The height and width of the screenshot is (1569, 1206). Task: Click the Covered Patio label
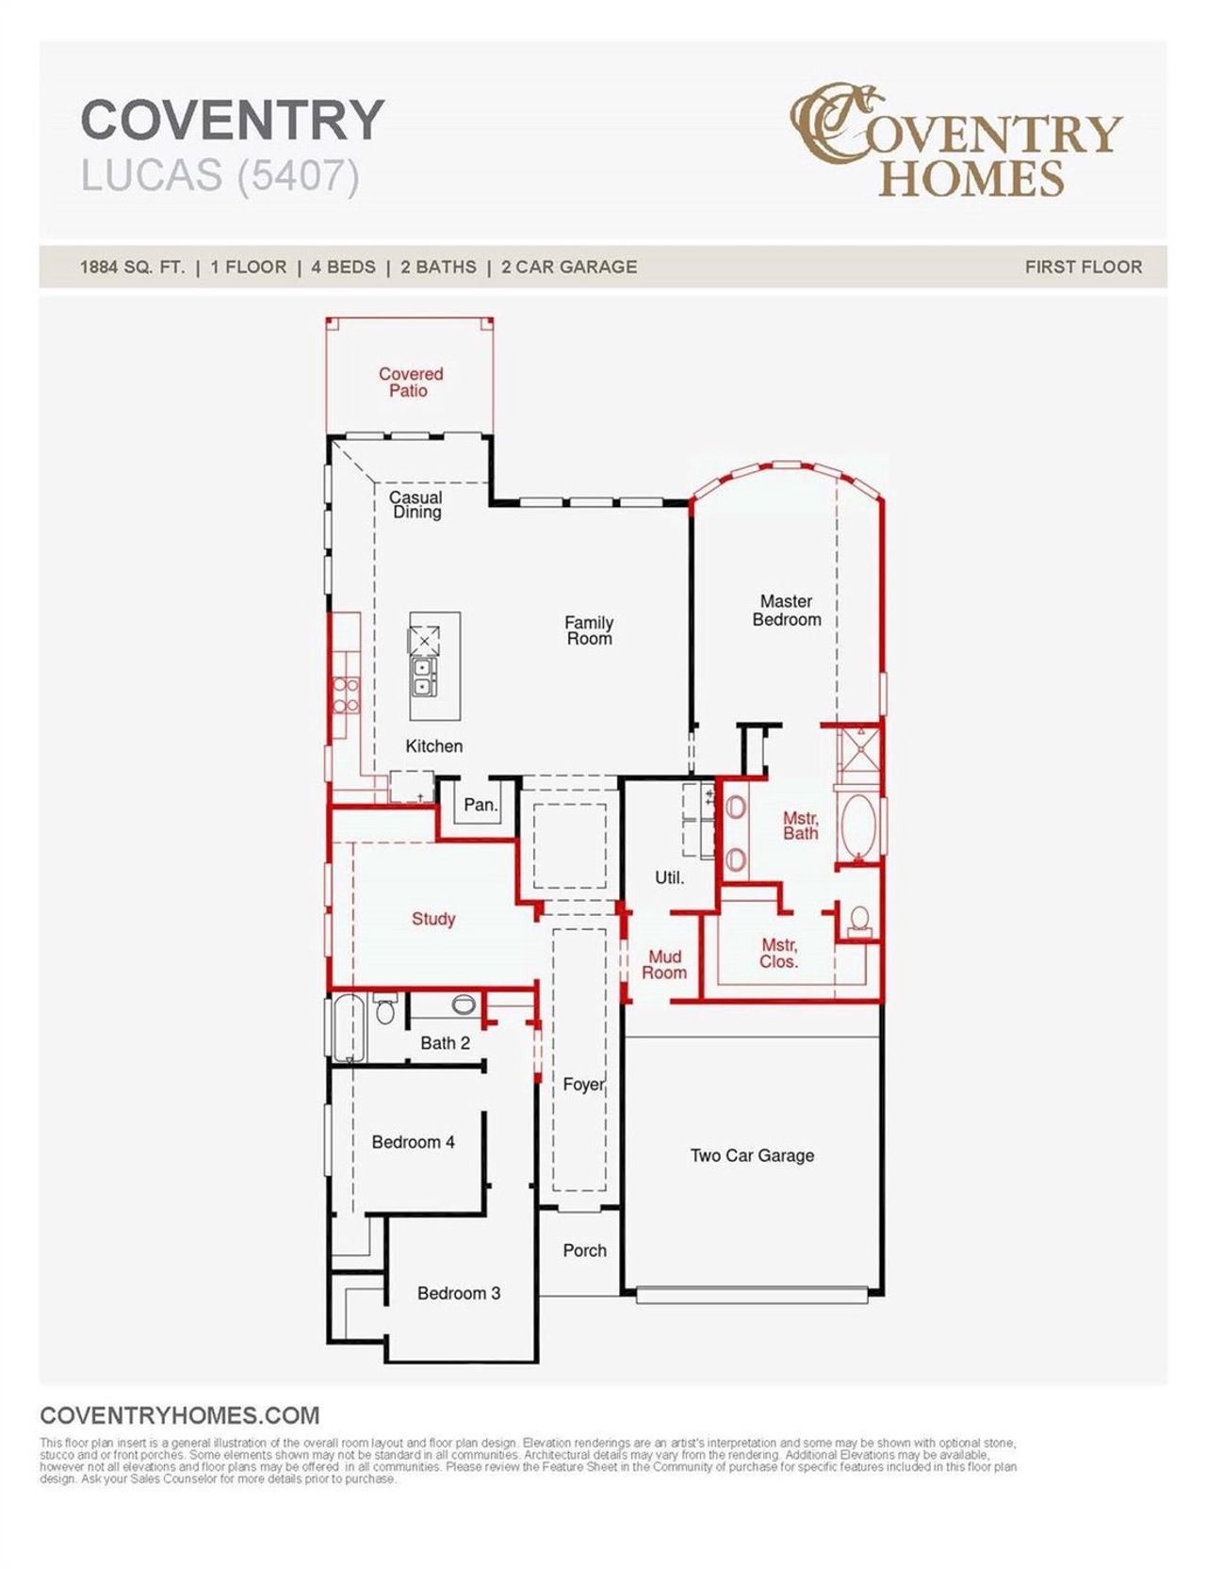click(x=410, y=382)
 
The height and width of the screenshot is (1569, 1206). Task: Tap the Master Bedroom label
click(x=786, y=610)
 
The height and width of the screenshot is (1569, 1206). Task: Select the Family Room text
click(x=589, y=629)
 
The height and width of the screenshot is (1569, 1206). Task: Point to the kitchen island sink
click(x=423, y=677)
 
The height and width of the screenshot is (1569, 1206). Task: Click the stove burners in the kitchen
click(x=345, y=695)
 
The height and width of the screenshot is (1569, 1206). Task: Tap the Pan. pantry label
click(x=481, y=805)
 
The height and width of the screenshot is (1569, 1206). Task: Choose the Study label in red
click(x=433, y=919)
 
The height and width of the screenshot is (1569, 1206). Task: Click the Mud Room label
click(x=664, y=964)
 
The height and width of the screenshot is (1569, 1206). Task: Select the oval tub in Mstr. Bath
click(x=857, y=826)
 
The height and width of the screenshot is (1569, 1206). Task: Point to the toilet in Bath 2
click(x=384, y=1011)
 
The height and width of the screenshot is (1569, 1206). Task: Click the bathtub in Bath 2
click(x=348, y=1026)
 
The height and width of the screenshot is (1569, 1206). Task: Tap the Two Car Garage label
click(x=752, y=1155)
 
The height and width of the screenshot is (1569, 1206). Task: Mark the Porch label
click(x=584, y=1250)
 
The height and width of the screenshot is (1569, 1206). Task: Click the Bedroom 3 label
click(x=459, y=1293)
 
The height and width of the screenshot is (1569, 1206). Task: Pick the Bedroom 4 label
click(x=413, y=1142)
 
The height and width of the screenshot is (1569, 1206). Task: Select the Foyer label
click(x=583, y=1085)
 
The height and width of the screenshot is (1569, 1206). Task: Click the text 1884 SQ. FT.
click(x=132, y=267)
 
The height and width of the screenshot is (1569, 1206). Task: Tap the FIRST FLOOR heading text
click(x=1083, y=267)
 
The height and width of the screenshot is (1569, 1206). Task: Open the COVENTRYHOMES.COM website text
click(x=179, y=1415)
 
